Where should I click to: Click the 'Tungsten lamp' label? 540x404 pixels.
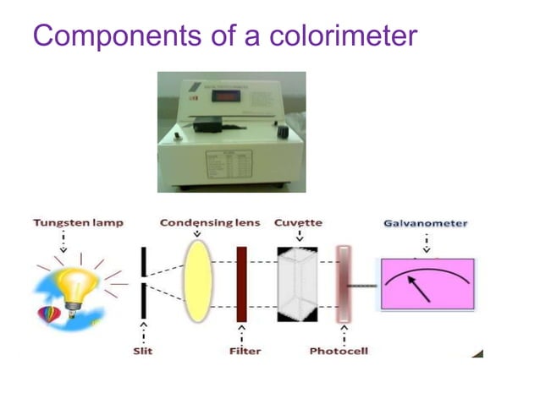point(79,223)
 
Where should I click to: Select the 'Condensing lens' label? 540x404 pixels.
point(208,223)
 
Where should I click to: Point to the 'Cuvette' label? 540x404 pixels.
point(298,223)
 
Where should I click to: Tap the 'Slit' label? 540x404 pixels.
point(143,351)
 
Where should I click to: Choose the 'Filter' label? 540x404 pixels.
point(245,351)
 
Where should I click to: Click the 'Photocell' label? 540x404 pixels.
point(339,351)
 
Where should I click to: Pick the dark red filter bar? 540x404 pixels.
point(242,283)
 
